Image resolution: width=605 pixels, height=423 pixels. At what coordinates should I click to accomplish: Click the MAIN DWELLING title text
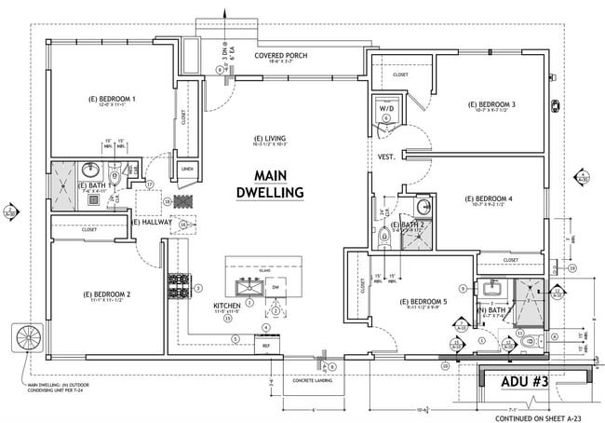tap(280, 184)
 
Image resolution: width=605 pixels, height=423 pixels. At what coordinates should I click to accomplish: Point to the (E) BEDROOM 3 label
tap(492, 104)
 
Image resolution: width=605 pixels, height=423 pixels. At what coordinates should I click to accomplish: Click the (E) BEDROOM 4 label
tap(489, 198)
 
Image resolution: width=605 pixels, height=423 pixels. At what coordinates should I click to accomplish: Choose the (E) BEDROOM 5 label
tap(423, 302)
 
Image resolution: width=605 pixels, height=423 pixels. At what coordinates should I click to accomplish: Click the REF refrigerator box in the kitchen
tap(266, 345)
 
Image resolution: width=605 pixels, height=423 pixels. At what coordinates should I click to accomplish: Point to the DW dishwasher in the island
tap(276, 288)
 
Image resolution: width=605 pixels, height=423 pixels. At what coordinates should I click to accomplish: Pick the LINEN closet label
tap(187, 169)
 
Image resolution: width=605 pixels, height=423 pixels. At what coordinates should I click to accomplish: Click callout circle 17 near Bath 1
tap(148, 185)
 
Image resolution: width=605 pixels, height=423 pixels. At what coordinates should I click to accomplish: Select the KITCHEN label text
tap(227, 306)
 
